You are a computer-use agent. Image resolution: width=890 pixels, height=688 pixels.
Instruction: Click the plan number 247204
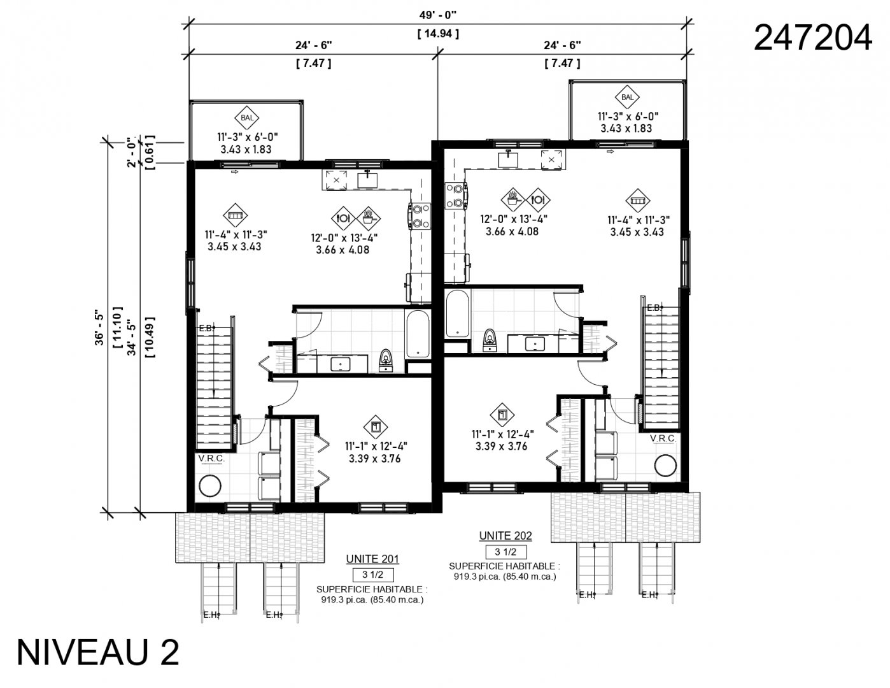[x=812, y=38]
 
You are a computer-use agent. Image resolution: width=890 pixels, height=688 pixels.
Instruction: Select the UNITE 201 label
[x=372, y=559]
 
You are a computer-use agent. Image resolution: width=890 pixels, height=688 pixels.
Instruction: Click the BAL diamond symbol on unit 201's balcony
[x=246, y=118]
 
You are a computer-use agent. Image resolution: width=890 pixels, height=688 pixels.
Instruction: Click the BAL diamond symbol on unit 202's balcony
[x=627, y=97]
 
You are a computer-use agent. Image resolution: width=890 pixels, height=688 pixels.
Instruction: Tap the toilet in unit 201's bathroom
[x=385, y=360]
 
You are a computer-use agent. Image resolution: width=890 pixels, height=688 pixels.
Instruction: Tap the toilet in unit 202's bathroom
[x=490, y=340]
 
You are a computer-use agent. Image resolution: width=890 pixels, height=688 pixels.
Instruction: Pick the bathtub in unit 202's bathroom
[x=457, y=313]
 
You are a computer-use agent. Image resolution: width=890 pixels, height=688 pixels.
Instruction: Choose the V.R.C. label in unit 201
[x=209, y=459]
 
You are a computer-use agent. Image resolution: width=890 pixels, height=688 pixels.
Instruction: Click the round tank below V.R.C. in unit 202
[x=665, y=466]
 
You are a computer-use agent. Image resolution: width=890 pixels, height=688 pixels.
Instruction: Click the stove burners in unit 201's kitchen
[x=420, y=215]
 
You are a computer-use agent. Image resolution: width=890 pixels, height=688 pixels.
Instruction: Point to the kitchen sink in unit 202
[x=508, y=157]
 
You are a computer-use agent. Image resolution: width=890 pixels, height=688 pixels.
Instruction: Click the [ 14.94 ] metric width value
[x=437, y=33]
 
